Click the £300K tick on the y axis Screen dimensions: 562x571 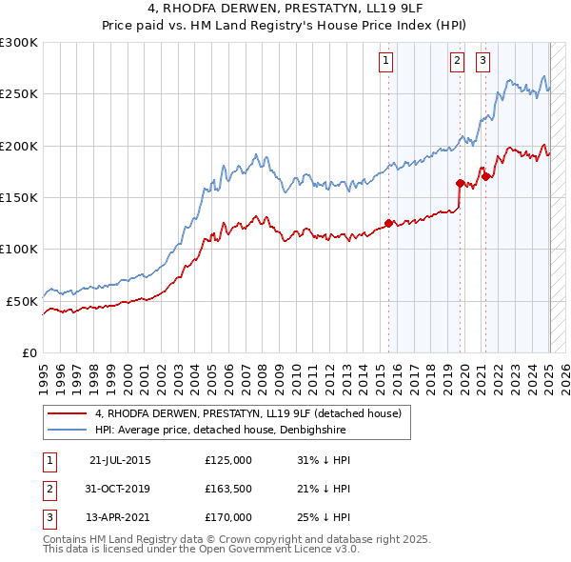pyautogui.click(x=19, y=43)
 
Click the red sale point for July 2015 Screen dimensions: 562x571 pyautogui.click(x=388, y=224)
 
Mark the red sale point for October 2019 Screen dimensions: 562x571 pyautogui.click(x=460, y=183)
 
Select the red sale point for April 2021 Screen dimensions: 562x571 pyautogui.click(x=484, y=176)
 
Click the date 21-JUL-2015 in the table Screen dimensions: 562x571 pyautogui.click(x=120, y=460)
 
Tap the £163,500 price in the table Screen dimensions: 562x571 pyautogui.click(x=228, y=489)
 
